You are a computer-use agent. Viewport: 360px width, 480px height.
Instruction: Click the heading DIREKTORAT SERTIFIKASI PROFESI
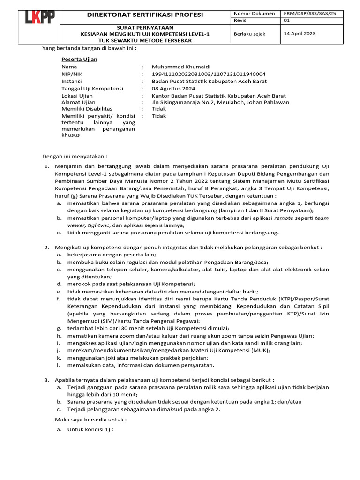(145, 15)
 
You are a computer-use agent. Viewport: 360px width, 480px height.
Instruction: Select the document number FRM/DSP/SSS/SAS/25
(310, 14)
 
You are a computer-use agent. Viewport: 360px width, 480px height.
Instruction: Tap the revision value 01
(287, 21)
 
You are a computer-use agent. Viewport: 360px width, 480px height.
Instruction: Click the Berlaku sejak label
(248, 34)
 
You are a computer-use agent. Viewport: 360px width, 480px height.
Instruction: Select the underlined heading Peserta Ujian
(79, 60)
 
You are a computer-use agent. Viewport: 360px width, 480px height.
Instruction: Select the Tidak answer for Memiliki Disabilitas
(152, 109)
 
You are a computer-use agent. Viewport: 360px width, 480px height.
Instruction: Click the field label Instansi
(72, 81)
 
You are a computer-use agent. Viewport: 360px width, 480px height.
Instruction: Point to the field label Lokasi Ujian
(77, 96)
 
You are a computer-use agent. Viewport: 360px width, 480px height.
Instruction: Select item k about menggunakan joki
(134, 358)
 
